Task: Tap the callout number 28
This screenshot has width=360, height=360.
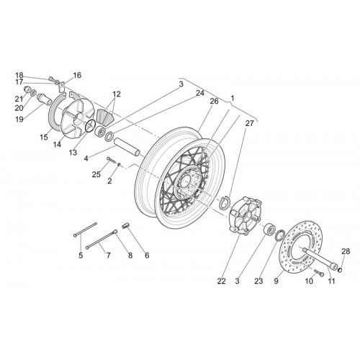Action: click(346, 251)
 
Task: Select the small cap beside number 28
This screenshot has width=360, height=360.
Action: click(340, 271)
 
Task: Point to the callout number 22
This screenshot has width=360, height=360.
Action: click(222, 281)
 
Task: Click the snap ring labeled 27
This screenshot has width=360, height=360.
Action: click(225, 202)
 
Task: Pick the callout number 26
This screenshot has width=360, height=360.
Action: click(215, 101)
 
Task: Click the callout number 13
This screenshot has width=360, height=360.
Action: click(73, 153)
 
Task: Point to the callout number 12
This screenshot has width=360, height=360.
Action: click(117, 94)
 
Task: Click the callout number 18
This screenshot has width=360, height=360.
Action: click(19, 75)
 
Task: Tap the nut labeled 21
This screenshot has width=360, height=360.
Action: click(27, 91)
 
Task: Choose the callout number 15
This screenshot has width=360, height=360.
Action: click(44, 138)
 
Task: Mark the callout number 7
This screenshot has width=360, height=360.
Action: click(109, 256)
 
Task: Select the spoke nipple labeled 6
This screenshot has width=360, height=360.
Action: click(126, 226)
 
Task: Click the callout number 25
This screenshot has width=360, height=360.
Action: click(96, 174)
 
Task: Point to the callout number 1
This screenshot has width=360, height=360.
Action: click(233, 98)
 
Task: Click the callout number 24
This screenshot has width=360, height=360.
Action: click(200, 93)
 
